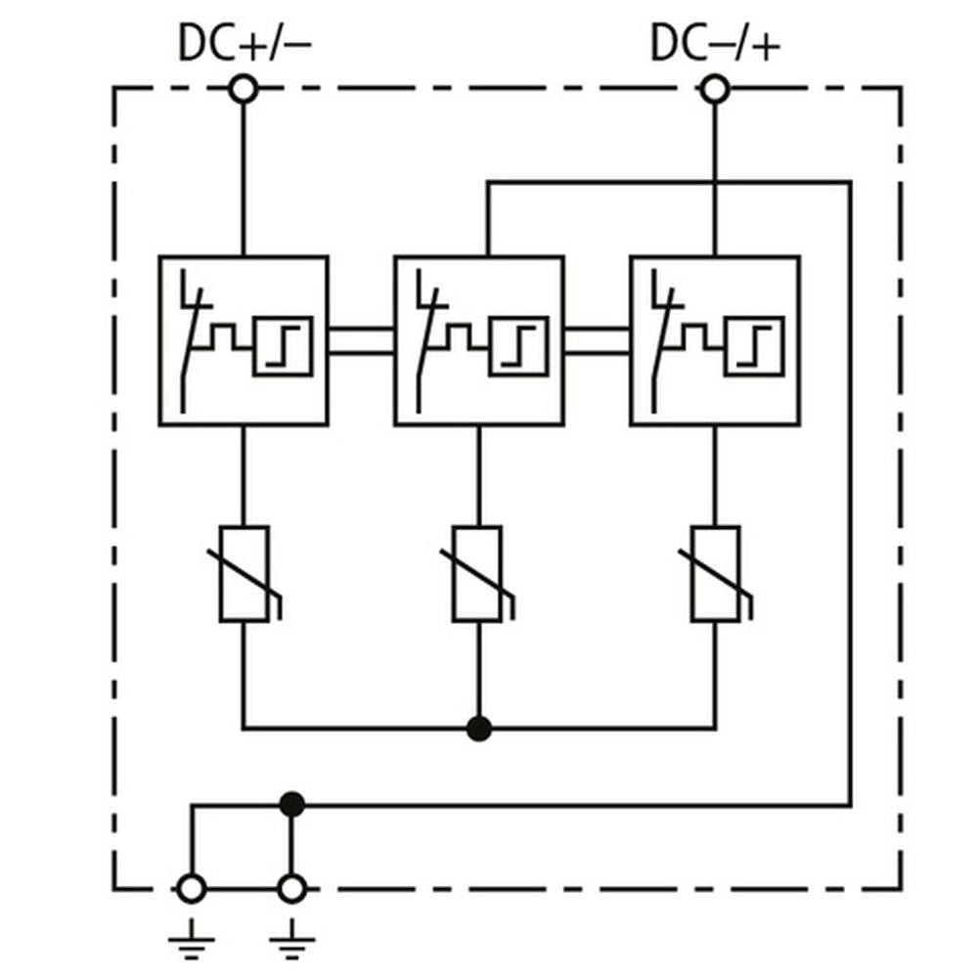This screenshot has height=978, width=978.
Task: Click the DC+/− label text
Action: point(244,44)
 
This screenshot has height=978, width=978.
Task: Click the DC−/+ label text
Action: point(716,44)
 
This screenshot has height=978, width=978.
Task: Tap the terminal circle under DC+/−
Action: point(244,91)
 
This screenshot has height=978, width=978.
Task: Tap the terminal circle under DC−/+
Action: point(715,91)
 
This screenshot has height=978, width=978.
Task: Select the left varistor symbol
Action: point(244,574)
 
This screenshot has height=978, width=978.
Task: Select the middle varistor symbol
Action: point(478,574)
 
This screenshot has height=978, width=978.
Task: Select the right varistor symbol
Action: point(715,574)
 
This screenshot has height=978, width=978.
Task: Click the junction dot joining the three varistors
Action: point(478,729)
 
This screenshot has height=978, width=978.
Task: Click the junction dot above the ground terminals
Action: point(291,805)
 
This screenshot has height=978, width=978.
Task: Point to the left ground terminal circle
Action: point(191,889)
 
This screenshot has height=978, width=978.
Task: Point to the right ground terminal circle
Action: point(291,889)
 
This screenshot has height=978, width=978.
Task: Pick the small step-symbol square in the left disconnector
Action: point(283,346)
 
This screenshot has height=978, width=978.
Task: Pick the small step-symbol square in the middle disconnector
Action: point(518,346)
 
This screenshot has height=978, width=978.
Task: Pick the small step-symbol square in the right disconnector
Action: point(754,346)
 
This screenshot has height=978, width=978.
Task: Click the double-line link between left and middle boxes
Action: point(361,340)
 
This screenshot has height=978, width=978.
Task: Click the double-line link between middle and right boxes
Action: point(597,340)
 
